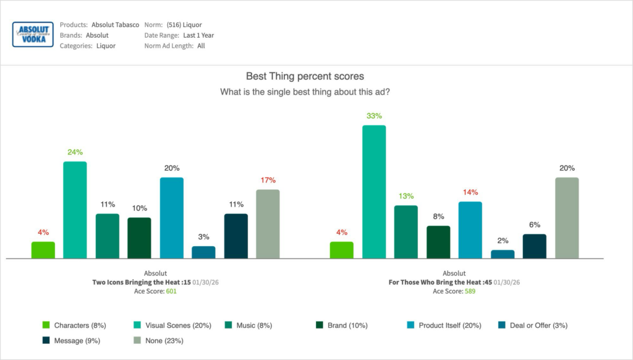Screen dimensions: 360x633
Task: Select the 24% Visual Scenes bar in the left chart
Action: [75, 210]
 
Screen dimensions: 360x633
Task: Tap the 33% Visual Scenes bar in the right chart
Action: [373, 192]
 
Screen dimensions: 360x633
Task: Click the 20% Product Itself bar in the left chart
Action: [171, 218]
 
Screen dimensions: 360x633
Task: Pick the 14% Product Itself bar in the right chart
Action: [470, 230]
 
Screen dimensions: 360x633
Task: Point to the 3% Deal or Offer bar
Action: [203, 252]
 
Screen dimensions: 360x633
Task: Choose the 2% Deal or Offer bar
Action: [502, 254]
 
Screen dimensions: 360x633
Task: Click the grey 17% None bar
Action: [268, 224]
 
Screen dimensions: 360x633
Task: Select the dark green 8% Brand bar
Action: [438, 242]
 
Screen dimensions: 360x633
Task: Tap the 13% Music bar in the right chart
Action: [406, 232]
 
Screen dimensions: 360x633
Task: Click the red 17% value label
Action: [268, 180]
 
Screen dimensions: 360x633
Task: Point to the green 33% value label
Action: [373, 116]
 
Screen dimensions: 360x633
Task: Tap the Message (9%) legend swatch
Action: [46, 340]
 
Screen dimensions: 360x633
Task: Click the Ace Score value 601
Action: [171, 291]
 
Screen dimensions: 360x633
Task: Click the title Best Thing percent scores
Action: [305, 77]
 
